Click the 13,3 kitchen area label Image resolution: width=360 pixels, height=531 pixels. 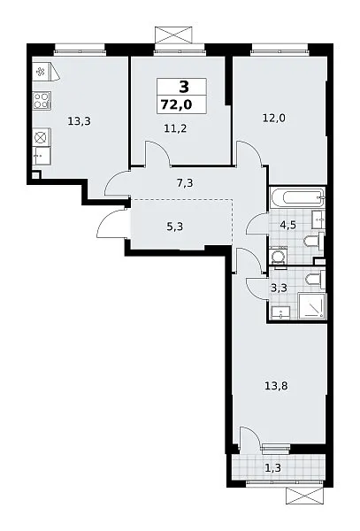80,121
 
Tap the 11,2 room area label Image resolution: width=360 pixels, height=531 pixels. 175,128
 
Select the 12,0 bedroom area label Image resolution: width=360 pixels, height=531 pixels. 274,119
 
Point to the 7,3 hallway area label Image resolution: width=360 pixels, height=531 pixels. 185,183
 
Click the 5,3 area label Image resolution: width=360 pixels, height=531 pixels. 175,226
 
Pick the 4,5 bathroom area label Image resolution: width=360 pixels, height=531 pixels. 288,225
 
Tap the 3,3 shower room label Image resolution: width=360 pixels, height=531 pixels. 280,289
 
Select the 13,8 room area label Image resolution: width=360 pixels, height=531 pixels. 277,385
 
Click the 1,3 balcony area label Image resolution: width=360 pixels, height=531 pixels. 272,468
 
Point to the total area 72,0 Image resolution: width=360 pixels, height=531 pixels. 176,104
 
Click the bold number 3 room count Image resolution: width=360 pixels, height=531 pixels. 184,88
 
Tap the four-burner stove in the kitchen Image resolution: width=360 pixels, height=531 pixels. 42,100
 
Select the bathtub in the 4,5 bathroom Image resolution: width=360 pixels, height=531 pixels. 297,197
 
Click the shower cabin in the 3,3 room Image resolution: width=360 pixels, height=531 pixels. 312,306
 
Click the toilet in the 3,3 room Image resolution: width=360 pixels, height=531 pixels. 315,279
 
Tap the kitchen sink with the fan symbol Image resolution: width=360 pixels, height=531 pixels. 42,72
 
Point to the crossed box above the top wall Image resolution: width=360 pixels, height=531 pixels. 174,35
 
